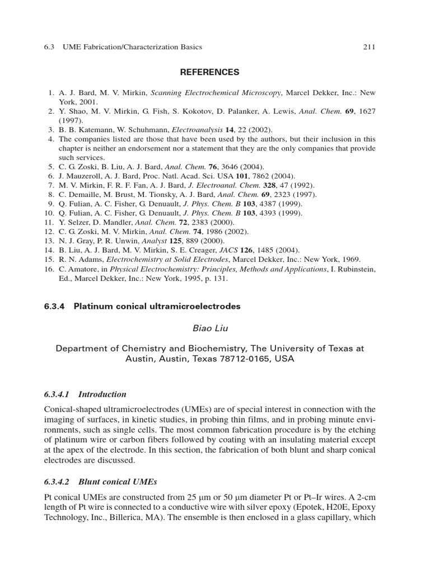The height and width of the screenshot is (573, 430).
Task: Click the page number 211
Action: (x=369, y=47)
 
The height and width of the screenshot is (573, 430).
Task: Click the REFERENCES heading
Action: (x=209, y=72)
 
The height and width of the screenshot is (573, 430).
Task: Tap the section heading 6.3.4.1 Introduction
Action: (x=85, y=394)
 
